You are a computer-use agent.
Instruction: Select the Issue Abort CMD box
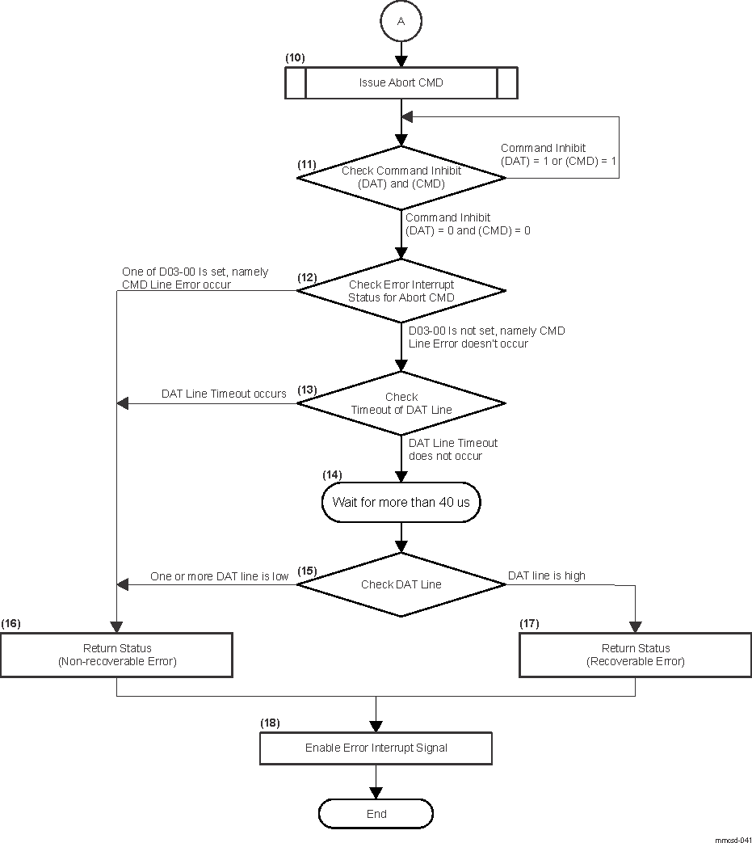click(401, 83)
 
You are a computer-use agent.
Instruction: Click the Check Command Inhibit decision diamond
click(401, 177)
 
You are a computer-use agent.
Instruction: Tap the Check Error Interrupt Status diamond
click(401, 290)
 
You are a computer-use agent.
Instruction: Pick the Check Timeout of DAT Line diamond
click(401, 403)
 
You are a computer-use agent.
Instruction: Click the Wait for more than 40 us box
click(401, 502)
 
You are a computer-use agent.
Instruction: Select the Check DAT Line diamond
click(401, 584)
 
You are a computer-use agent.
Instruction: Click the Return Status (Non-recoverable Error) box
click(117, 655)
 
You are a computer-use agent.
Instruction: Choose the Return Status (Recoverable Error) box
click(635, 655)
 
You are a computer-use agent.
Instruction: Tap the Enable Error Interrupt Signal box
click(376, 748)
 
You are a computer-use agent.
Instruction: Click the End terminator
click(376, 814)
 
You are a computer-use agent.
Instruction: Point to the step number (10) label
click(296, 59)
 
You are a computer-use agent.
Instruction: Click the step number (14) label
click(332, 474)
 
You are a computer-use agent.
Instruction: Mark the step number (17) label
click(528, 623)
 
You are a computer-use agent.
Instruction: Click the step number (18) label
click(270, 723)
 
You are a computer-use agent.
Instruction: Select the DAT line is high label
click(546, 575)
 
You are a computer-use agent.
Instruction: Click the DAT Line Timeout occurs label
click(224, 394)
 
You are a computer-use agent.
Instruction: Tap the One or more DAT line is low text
click(220, 576)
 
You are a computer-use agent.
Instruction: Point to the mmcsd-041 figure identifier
click(732, 839)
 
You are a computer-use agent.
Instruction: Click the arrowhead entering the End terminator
click(376, 794)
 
